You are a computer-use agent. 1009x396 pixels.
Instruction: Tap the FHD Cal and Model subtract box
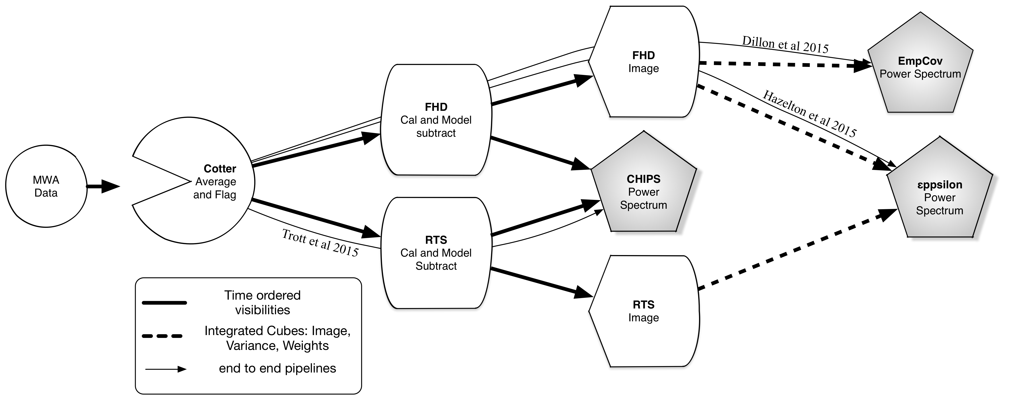coord(436,120)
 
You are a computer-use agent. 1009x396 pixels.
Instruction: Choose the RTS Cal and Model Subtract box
coord(436,253)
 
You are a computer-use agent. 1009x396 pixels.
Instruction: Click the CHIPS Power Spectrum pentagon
coord(644,192)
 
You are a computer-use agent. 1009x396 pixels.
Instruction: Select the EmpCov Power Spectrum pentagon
coord(920,67)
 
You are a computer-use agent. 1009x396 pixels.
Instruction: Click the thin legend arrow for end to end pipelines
coord(165,369)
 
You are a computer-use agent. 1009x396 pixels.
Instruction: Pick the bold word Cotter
coord(220,169)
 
